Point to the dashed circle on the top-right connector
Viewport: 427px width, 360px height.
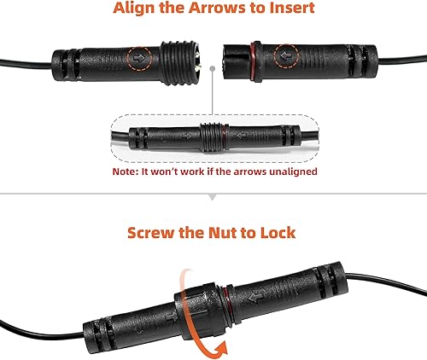click(286, 57)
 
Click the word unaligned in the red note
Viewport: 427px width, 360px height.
click(288, 171)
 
